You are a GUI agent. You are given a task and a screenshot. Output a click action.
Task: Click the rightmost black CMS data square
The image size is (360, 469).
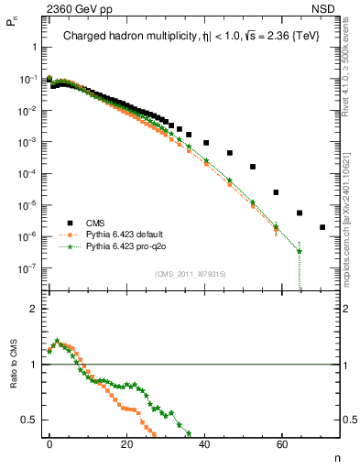pos(322,227)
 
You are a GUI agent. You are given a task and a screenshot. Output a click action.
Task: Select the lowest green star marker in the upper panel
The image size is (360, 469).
pos(300,251)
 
